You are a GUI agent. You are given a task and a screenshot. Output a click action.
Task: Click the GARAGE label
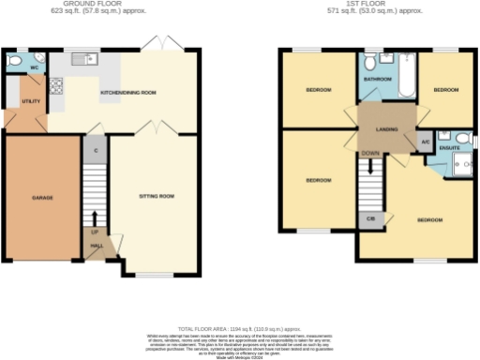41,199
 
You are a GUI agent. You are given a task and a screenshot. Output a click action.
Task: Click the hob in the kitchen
55,87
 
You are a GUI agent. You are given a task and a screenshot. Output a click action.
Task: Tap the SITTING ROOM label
157,197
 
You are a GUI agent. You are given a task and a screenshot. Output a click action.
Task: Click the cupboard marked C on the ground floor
96,148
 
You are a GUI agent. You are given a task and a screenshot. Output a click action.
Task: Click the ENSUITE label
449,147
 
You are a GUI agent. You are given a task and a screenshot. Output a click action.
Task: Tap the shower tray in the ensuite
460,166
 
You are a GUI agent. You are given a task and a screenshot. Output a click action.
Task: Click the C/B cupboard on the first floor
368,219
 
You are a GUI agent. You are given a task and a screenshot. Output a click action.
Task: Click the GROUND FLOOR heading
98,6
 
